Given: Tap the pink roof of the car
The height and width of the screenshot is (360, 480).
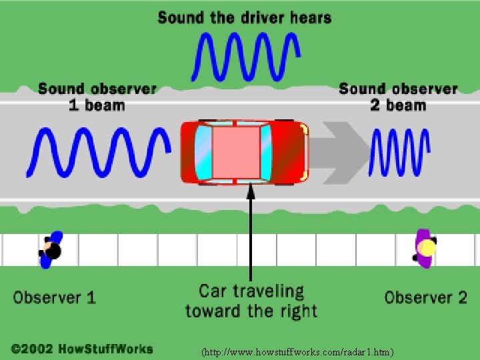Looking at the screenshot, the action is (235, 152).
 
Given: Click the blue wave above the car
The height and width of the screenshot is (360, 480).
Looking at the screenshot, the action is (245, 56).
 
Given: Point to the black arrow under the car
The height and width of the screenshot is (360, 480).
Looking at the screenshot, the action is (251, 233).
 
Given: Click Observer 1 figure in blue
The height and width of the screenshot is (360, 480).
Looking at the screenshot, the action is (51, 250).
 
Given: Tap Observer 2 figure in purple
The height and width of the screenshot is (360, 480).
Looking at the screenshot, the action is (425, 249).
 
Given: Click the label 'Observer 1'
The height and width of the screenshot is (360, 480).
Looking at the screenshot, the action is (55, 297).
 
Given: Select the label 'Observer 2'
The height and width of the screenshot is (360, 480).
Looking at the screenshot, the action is (426, 297).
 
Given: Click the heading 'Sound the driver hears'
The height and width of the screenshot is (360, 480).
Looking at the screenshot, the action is (245, 17).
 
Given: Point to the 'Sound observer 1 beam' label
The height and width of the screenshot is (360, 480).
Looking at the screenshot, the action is (97, 97).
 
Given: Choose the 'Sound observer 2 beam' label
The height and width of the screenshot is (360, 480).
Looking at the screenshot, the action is (398, 97).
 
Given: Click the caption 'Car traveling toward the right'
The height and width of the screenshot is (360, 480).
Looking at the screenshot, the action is (251, 301).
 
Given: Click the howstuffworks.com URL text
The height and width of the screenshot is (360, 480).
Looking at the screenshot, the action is (298, 351).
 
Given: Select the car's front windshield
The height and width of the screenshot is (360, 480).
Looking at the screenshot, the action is (266, 152).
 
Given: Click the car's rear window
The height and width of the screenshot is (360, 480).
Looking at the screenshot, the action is (203, 152).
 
